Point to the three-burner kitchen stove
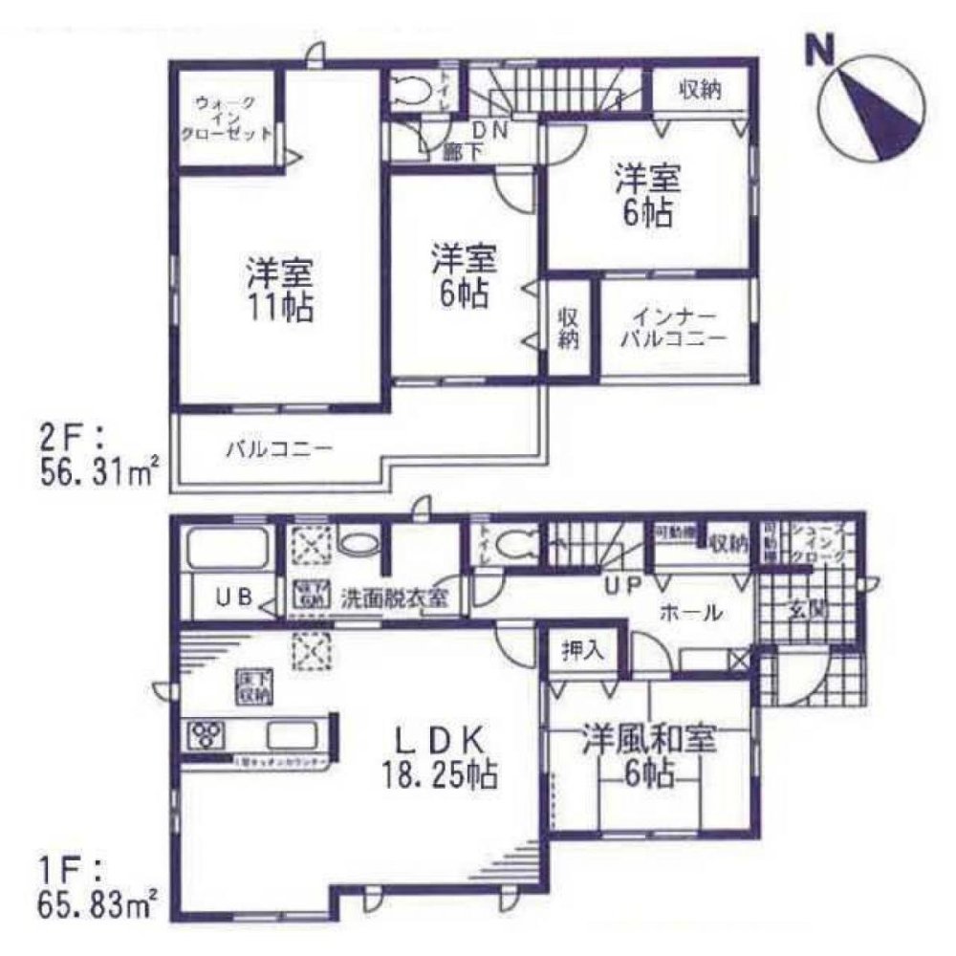[x=206, y=735]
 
